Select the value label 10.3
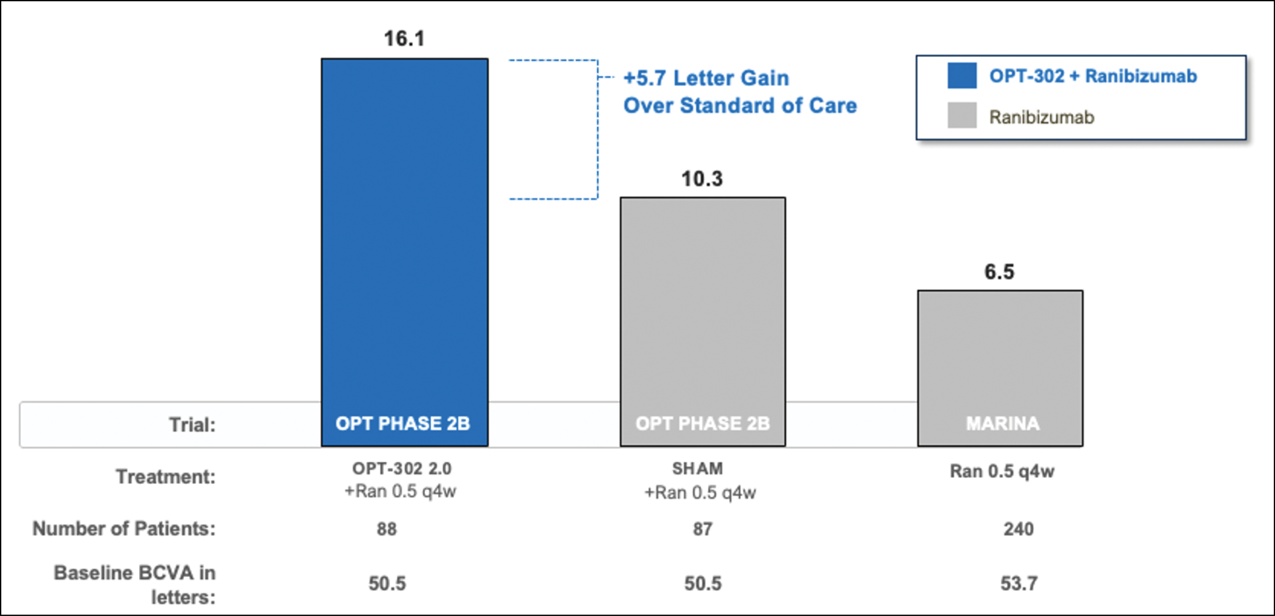tap(702, 179)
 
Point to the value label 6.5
tap(999, 272)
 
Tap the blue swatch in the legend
tap(962, 76)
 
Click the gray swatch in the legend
tap(962, 115)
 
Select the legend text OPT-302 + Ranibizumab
tap(1093, 76)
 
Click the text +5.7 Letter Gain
tap(706, 78)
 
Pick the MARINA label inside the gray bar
tap(1003, 423)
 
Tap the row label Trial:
tap(192, 425)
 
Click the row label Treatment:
tap(166, 476)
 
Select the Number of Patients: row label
tap(124, 528)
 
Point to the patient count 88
tap(387, 529)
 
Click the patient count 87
tap(702, 529)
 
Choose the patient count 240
tap(1018, 529)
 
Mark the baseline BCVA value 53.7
tap(1018, 583)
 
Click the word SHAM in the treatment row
tap(698, 468)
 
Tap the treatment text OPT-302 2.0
tap(401, 468)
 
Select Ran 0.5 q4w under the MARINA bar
tap(1002, 471)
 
